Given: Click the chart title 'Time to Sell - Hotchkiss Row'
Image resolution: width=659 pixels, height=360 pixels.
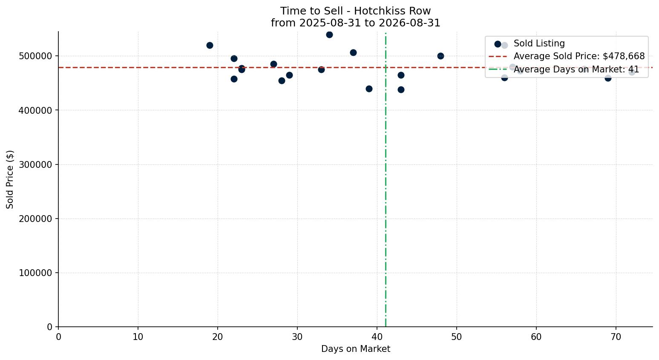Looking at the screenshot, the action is click(x=355, y=11).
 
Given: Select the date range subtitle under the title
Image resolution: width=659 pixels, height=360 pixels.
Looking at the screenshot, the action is click(x=355, y=23).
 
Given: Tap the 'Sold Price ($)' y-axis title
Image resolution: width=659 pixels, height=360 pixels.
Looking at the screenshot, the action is click(x=10, y=179).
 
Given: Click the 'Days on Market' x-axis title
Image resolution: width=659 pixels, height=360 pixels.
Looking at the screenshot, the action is click(x=355, y=349).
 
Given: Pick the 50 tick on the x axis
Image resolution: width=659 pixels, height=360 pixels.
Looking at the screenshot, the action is click(x=457, y=337).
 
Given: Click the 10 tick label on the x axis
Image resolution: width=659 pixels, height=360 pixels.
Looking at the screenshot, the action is click(x=138, y=337).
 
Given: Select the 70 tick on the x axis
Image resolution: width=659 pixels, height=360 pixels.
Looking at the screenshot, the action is click(x=616, y=337).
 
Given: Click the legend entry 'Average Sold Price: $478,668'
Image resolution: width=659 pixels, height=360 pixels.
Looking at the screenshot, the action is click(x=579, y=56).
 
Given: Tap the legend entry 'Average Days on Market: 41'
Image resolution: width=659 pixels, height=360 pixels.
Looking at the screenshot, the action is click(x=576, y=69).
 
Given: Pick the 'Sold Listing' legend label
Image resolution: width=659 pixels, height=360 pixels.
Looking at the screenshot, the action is click(x=539, y=43).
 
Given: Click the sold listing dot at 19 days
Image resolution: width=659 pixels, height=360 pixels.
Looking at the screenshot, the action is click(x=210, y=45).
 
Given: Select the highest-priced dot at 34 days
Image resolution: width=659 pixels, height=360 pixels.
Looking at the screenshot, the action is click(x=330, y=35).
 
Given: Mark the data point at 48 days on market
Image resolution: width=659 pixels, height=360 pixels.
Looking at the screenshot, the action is click(x=440, y=56).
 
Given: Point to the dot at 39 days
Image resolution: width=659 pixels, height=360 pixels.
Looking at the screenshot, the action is click(x=369, y=89).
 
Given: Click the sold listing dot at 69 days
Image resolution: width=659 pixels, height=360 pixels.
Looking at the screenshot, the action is click(x=608, y=78).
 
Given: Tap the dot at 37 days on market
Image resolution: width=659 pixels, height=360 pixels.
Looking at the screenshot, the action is click(x=353, y=53).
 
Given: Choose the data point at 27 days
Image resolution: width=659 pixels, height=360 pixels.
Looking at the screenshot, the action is click(x=273, y=64).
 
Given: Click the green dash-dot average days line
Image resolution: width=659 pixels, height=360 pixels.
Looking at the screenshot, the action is click(x=386, y=180).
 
